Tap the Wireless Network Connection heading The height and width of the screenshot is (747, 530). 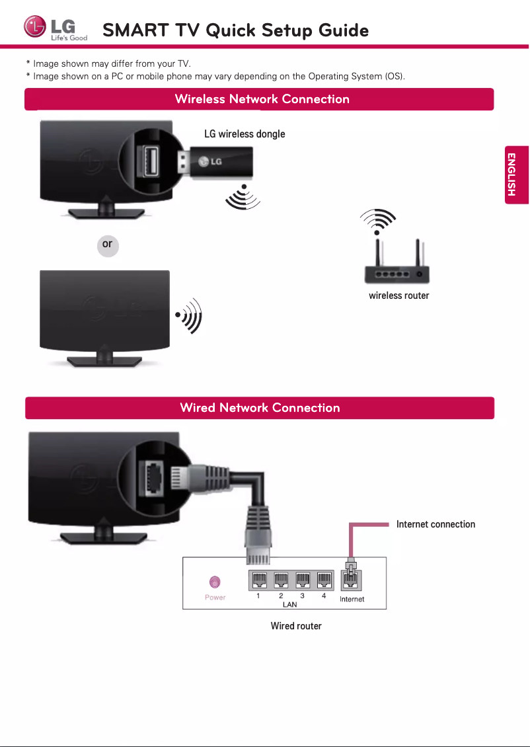click(262, 99)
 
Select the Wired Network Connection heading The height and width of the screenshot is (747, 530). click(260, 408)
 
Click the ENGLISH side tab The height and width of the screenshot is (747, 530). click(511, 175)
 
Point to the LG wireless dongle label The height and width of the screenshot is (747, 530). click(245, 134)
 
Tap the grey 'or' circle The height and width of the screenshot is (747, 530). click(107, 245)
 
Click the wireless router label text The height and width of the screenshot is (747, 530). click(398, 295)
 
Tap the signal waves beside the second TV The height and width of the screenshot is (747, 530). click(189, 315)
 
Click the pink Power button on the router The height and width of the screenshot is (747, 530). click(215, 582)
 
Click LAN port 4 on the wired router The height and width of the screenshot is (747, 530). click(324, 580)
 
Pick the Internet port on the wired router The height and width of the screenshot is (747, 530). click(352, 580)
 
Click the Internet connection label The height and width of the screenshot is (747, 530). click(435, 524)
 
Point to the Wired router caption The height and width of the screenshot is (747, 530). click(296, 626)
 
